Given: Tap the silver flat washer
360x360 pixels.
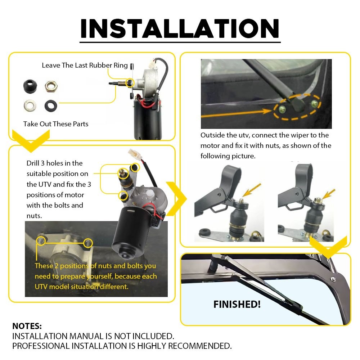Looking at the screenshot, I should click(x=30, y=105).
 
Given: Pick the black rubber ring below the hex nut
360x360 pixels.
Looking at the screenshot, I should click(x=50, y=105).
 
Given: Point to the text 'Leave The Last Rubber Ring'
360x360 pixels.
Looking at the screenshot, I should click(x=85, y=65).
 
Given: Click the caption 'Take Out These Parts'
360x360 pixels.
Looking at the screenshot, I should click(x=56, y=124).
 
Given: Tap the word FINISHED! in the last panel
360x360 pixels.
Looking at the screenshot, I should click(x=237, y=304).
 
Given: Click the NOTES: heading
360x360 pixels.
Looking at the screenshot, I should click(x=27, y=326).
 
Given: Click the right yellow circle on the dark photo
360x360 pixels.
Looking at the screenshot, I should click(x=87, y=243).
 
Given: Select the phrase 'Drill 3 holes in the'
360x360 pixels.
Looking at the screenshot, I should click(x=54, y=163).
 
